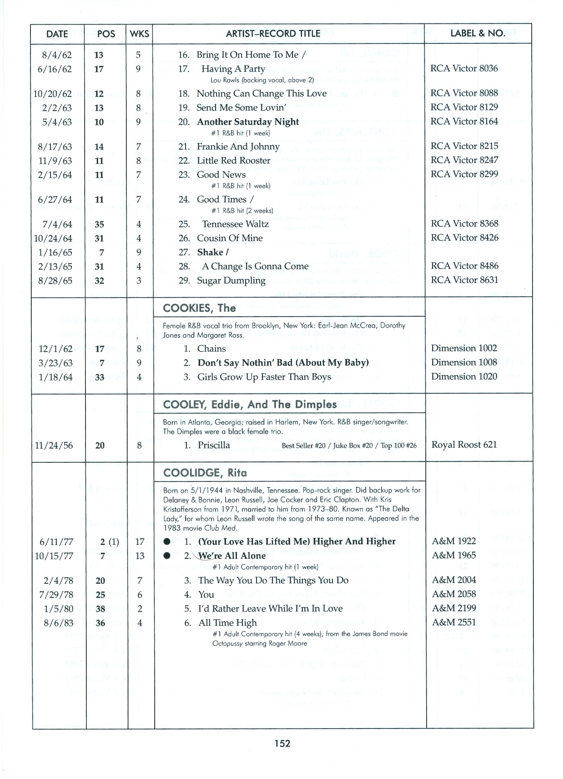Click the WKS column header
coord(139,34)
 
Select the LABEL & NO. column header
coord(478,33)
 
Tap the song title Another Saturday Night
coord(248,122)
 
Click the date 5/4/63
coord(57,122)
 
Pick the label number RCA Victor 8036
coord(464,68)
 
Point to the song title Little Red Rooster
coord(234,161)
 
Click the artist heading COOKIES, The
coord(199,308)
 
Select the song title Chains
coord(211,349)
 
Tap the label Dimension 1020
coord(464,376)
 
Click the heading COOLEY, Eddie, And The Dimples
coord(250,404)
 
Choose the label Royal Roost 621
coord(464,445)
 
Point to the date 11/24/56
coord(54,446)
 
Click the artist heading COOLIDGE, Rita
coord(205,473)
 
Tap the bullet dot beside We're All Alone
coord(167,556)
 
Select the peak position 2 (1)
coord(109,542)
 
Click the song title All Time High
coord(228,623)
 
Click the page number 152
coord(282,743)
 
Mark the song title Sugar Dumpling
coord(231,281)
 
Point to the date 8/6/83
coord(58,623)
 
